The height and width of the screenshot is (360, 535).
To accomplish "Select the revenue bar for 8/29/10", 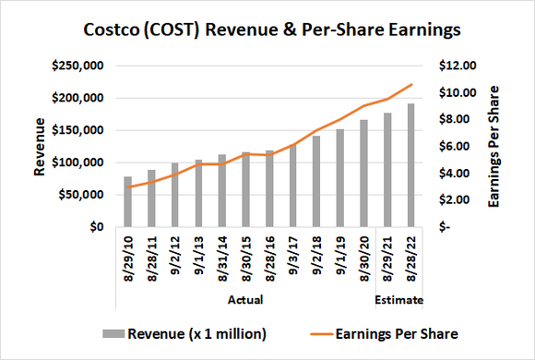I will pyautogui.click(x=128, y=201).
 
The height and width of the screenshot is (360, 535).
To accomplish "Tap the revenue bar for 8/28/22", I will pyautogui.click(x=410, y=165).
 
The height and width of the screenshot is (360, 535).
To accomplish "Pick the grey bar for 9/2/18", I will pyautogui.click(x=316, y=181).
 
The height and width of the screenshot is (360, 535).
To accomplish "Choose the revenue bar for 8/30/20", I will pyautogui.click(x=363, y=174).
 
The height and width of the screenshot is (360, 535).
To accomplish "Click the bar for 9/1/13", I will pyautogui.click(x=198, y=193).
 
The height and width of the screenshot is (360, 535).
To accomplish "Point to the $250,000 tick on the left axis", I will pyautogui.click(x=77, y=66).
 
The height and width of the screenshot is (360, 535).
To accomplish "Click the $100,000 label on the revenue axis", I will pyautogui.click(x=77, y=162).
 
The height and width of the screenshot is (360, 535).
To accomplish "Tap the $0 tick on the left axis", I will pyautogui.click(x=95, y=227).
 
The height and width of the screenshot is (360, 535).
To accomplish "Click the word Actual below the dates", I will pyautogui.click(x=245, y=300).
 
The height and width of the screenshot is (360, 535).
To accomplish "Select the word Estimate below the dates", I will pyautogui.click(x=398, y=300).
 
